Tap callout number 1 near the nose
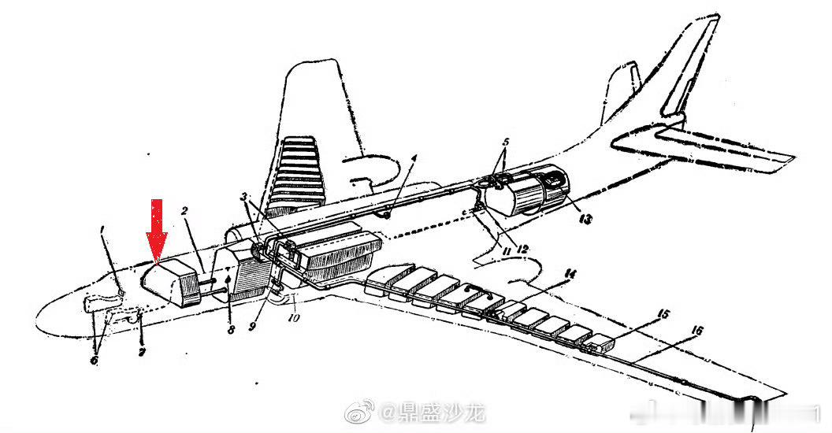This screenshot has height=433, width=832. coord(102,230)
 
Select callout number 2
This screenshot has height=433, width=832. coord(184,211)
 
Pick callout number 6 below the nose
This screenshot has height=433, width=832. coord(94,361)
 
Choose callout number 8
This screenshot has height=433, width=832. coord(230,331)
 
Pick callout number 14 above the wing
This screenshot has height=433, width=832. coord(570,274)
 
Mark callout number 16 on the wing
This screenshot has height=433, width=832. coord(695,331)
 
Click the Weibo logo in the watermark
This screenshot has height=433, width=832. coord(367,412)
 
